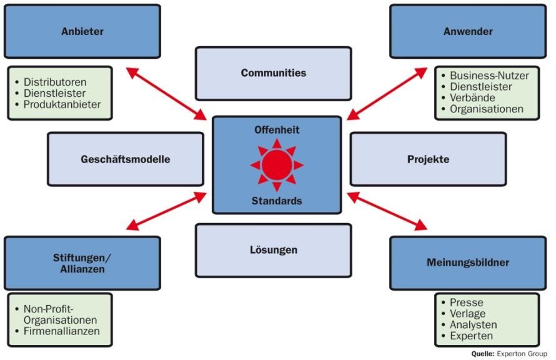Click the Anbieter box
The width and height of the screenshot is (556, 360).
(82, 31)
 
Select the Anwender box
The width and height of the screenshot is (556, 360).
(468, 31)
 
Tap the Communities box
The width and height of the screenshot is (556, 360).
(274, 73)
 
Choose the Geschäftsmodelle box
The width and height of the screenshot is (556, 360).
(126, 159)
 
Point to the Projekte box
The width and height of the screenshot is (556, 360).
(429, 159)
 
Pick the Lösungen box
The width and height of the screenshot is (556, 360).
(274, 251)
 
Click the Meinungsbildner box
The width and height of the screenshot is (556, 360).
(468, 263)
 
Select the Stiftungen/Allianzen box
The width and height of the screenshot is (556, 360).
(82, 263)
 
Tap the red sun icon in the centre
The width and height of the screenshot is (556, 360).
(277, 165)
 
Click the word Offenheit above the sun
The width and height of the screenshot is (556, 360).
(277, 130)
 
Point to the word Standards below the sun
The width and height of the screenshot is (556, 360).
(277, 201)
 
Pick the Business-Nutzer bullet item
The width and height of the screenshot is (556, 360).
(485, 76)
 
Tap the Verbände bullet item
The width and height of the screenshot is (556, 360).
(468, 97)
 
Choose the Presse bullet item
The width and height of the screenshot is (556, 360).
(462, 302)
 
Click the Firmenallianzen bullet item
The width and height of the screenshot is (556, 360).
(57, 331)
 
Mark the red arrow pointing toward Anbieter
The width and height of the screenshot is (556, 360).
(166, 94)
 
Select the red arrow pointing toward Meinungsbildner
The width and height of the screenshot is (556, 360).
(387, 211)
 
